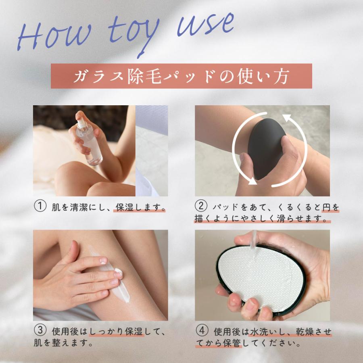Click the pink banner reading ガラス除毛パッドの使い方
click(x=181, y=76)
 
